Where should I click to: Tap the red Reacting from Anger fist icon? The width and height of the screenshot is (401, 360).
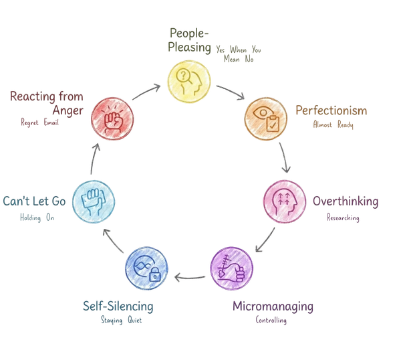112,118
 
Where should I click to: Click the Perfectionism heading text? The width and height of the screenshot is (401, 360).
331,110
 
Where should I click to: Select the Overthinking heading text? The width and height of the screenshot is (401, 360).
346,201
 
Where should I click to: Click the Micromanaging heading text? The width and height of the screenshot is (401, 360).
273,307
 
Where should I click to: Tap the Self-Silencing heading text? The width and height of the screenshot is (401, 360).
118,306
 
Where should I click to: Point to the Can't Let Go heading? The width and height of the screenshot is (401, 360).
35,201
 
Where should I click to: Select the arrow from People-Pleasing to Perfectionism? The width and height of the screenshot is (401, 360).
231,90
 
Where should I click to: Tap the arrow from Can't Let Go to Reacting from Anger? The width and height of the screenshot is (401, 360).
94,158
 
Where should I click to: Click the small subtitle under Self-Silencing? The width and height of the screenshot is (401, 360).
118,320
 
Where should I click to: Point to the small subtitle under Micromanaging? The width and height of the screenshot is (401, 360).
272,321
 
